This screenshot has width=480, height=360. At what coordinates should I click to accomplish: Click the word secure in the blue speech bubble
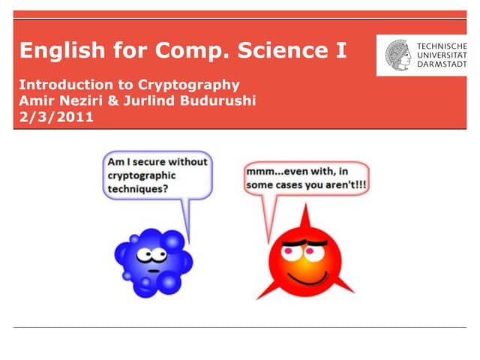click(148, 161)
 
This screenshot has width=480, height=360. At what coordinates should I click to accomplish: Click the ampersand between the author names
click(109, 100)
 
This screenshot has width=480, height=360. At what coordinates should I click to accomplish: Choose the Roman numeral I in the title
click(342, 51)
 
